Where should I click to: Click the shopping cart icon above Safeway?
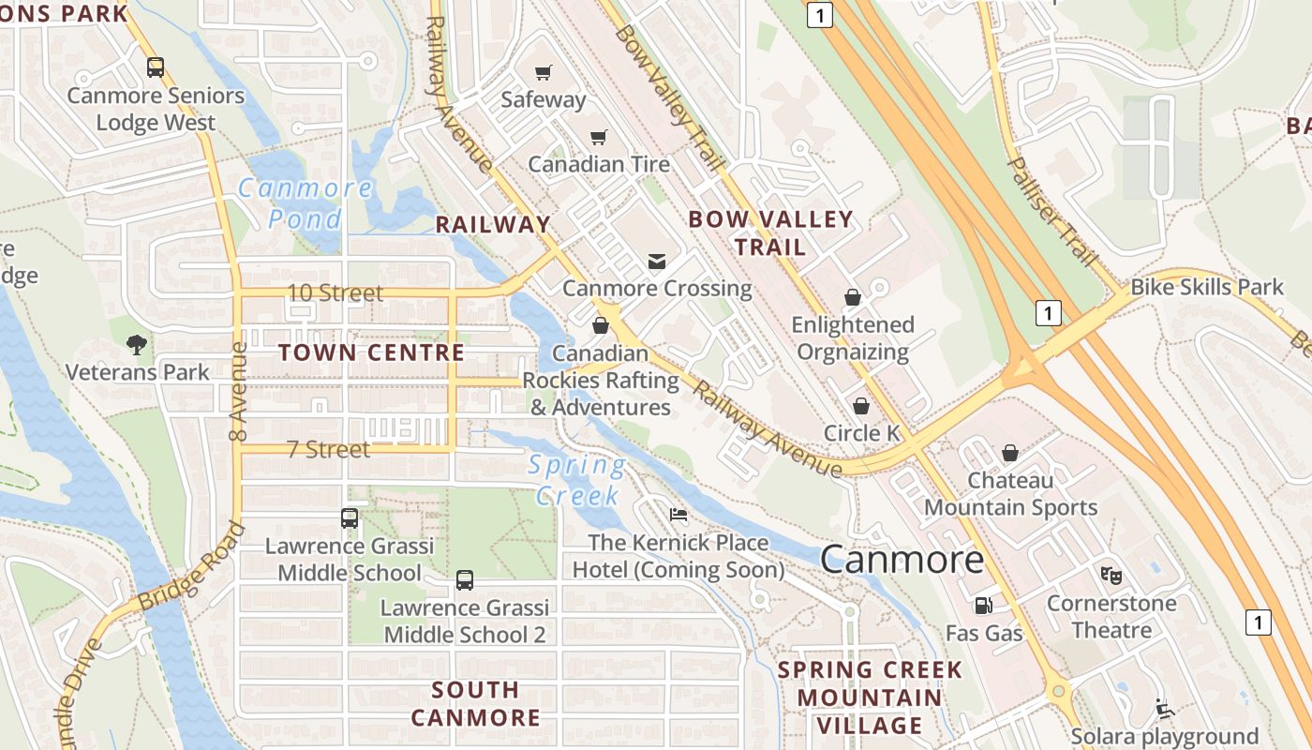pyautogui.click(x=543, y=72)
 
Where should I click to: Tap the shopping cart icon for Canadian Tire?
pyautogui.click(x=599, y=137)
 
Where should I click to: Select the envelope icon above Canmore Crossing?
pyautogui.click(x=657, y=261)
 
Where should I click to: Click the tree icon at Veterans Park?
pyautogui.click(x=137, y=344)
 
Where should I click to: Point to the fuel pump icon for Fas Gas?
pyautogui.click(x=983, y=606)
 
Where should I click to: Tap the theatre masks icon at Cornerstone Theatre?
pyautogui.click(x=1111, y=575)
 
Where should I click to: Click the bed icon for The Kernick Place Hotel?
pyautogui.click(x=678, y=515)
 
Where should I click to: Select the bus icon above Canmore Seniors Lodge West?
pyautogui.click(x=156, y=67)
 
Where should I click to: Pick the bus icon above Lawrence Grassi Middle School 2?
pyautogui.click(x=465, y=579)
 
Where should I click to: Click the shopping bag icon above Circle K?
pyautogui.click(x=860, y=406)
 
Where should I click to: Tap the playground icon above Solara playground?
pyautogui.click(x=1164, y=709)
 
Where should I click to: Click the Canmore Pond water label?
pyautogui.click(x=306, y=202)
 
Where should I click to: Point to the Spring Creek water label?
pyautogui.click(x=576, y=479)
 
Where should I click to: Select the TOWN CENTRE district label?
pyautogui.click(x=372, y=352)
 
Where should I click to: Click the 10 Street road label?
pyautogui.click(x=335, y=292)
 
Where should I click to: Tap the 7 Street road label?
pyautogui.click(x=328, y=449)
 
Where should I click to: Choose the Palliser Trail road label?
pyautogui.click(x=1051, y=212)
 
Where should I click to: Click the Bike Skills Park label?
pyautogui.click(x=1207, y=287)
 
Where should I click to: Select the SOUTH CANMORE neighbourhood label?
pyautogui.click(x=475, y=703)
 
